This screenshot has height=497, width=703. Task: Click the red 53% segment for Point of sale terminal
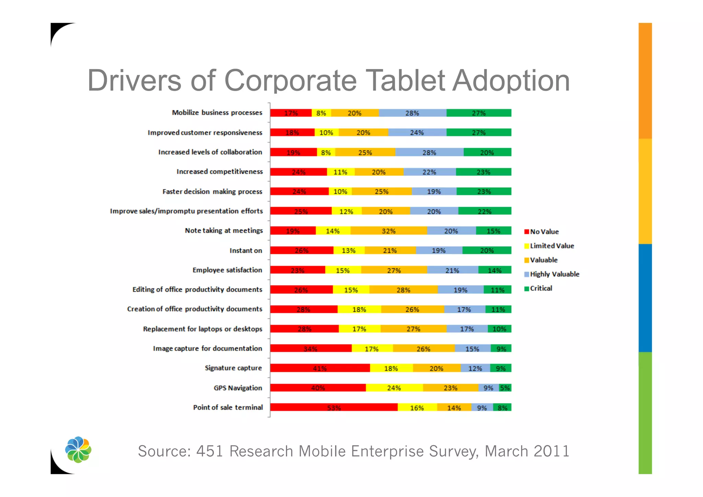tap(334, 407)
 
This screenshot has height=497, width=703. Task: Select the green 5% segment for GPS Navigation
tap(505, 388)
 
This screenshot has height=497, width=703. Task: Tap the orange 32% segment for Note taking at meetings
tap(389, 231)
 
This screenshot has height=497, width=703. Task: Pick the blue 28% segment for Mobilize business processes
tap(412, 113)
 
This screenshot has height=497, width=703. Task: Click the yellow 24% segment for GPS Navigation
tap(394, 388)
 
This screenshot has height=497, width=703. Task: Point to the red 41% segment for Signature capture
tap(320, 368)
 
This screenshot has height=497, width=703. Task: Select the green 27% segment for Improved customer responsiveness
tap(479, 133)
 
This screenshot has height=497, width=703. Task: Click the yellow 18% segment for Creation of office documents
tap(359, 309)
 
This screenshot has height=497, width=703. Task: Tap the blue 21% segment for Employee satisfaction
tap(452, 270)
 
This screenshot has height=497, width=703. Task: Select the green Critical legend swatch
tap(527, 289)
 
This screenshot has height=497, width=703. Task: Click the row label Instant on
tap(246, 251)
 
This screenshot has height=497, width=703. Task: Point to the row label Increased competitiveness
tap(220, 172)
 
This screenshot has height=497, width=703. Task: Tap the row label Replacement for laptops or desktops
tap(203, 329)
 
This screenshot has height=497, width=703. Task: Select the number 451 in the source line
tap(209, 451)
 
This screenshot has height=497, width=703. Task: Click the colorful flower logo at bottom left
tap(78, 450)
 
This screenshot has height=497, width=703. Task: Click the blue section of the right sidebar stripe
tap(645, 298)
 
